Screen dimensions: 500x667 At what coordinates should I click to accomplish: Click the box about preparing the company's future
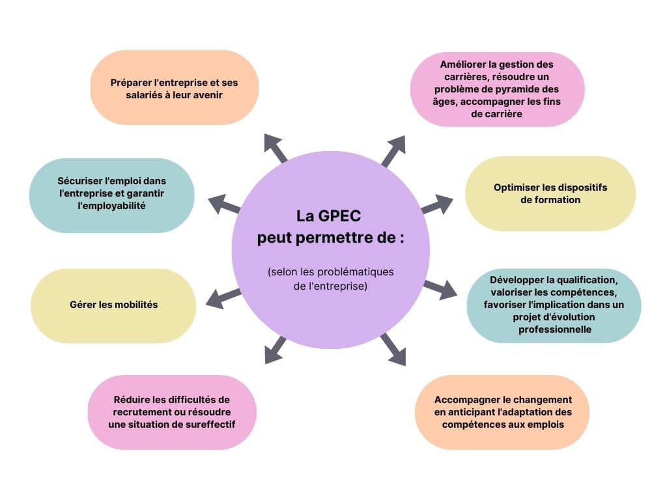pyautogui.click(x=174, y=88)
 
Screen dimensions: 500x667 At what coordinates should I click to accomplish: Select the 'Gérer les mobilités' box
pyautogui.click(x=113, y=305)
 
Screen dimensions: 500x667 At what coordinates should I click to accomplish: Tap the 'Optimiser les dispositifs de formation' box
pyautogui.click(x=550, y=193)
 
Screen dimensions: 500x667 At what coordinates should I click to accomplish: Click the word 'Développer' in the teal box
pyautogui.click(x=517, y=280)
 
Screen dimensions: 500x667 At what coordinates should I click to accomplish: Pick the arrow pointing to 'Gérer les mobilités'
pyautogui.click(x=223, y=298)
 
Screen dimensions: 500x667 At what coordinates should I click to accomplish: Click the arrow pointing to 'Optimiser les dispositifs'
pyautogui.click(x=438, y=203)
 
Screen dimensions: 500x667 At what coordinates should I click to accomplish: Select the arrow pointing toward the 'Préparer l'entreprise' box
pyautogui.click(x=276, y=148)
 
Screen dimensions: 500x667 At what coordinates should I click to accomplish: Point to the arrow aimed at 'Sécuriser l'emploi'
pyautogui.click(x=224, y=203)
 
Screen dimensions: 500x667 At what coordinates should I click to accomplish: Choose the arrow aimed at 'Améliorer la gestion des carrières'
pyautogui.click(x=393, y=150)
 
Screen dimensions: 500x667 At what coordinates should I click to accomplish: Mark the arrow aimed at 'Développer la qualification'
pyautogui.click(x=440, y=288)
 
